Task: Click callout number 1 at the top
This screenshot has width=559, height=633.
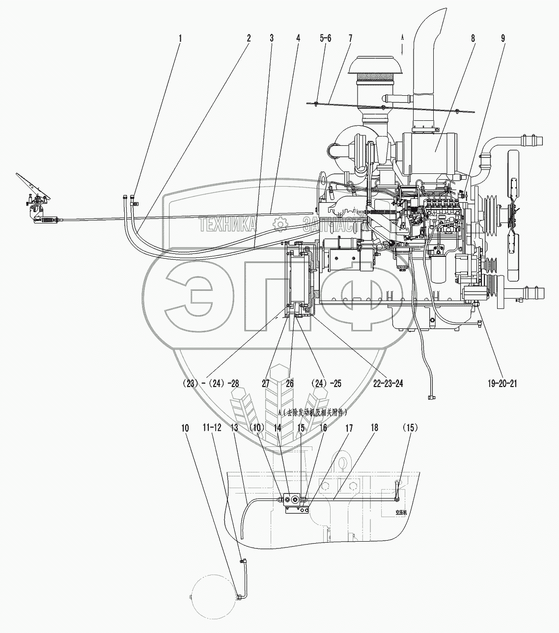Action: [x=180, y=38]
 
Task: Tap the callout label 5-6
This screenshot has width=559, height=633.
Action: [x=325, y=38]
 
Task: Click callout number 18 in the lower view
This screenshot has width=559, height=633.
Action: [x=374, y=428]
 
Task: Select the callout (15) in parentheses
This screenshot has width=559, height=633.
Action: [x=410, y=428]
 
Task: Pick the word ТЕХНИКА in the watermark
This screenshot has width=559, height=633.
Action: [x=227, y=224]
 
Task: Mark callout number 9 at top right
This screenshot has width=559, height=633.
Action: [x=503, y=38]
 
